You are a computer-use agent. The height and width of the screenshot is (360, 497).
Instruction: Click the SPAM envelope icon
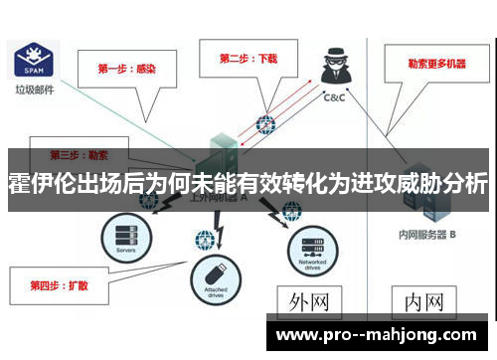tap(30, 62)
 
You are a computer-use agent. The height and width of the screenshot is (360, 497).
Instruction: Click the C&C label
tap(335, 97)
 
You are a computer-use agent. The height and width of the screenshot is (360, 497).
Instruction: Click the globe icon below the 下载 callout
tap(264, 125)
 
